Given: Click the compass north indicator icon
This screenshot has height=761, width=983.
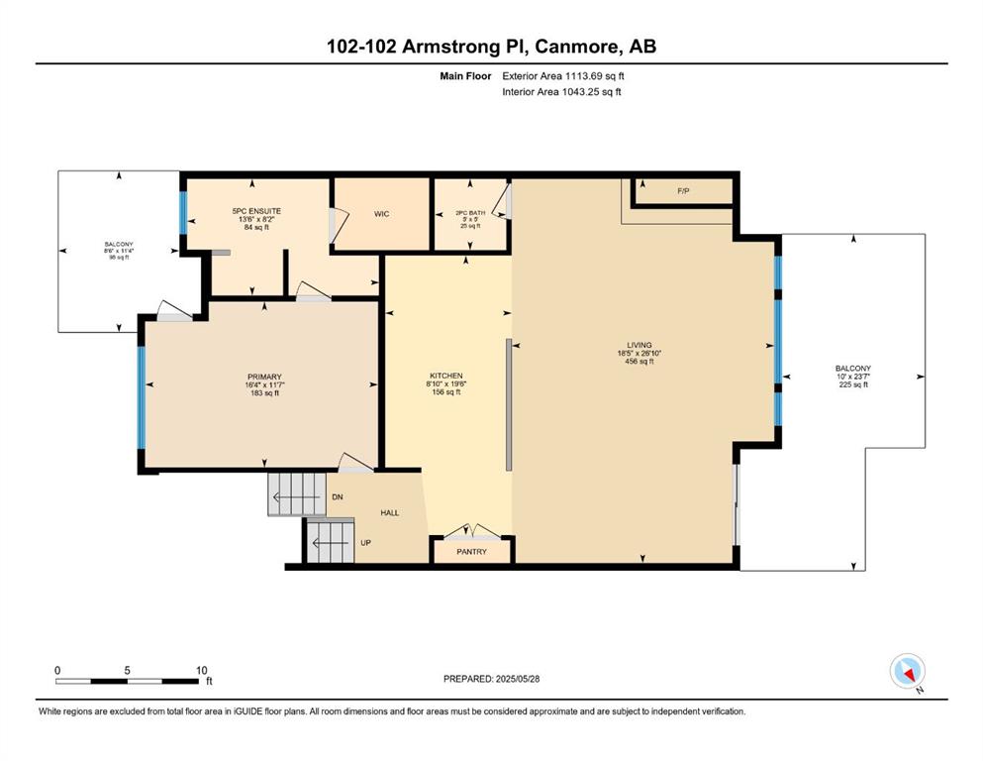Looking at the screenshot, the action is click(x=908, y=672).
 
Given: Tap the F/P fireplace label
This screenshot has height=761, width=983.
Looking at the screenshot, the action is click(x=683, y=190).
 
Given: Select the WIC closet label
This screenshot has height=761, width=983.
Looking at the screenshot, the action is click(x=381, y=214).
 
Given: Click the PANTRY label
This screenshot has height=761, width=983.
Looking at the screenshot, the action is click(x=471, y=552).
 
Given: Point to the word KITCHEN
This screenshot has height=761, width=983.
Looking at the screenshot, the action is click(x=446, y=376).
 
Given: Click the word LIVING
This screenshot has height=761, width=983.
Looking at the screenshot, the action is click(x=639, y=345).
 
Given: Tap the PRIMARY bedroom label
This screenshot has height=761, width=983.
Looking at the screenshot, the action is click(x=264, y=378).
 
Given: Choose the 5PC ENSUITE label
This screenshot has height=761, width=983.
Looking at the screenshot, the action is click(x=256, y=211).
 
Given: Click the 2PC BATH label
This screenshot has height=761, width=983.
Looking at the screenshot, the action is click(x=470, y=213).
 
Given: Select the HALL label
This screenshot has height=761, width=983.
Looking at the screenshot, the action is click(x=390, y=512).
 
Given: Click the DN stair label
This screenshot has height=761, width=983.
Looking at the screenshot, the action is click(x=338, y=496).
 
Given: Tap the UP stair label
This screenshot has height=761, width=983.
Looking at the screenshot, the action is click(x=365, y=543).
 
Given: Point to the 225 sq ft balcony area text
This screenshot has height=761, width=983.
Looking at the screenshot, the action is click(x=853, y=384).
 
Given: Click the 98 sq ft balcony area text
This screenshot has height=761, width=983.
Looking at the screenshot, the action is click(x=119, y=258).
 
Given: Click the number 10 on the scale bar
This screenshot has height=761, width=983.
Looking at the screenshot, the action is click(x=201, y=670).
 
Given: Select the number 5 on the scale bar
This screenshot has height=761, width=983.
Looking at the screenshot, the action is click(x=128, y=670).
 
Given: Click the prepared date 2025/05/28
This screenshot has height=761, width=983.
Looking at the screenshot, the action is click(x=518, y=679).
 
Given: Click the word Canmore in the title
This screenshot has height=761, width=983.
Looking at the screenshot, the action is click(x=573, y=47).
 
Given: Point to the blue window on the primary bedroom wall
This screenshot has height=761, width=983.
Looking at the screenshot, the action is click(x=142, y=397).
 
